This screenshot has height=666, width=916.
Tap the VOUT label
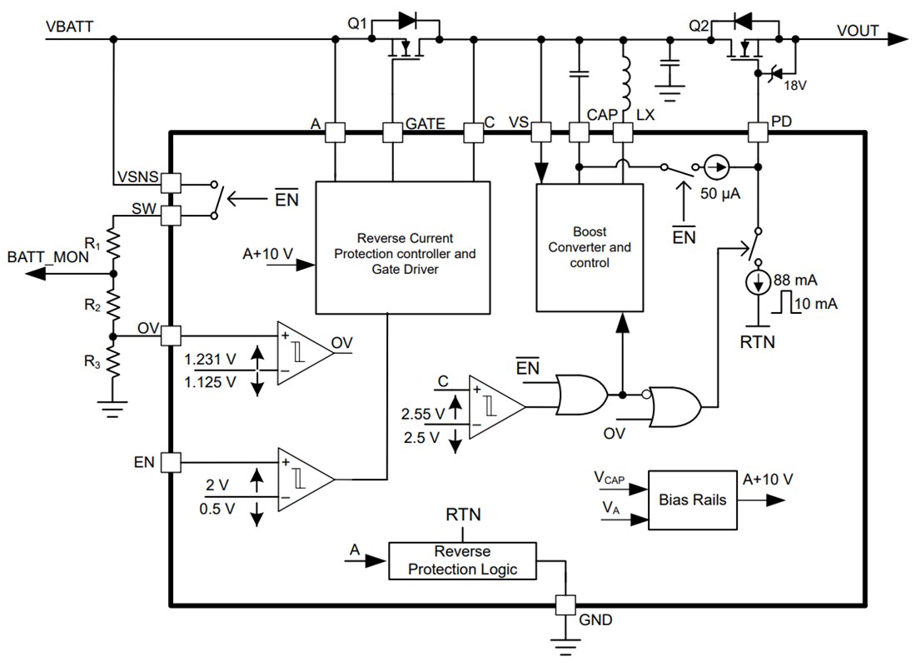point(858,31)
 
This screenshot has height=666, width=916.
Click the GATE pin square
point(392,132)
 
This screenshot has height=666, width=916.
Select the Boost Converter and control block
point(590,247)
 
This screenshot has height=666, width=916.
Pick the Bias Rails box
point(692,499)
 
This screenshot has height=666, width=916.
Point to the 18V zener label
point(796,83)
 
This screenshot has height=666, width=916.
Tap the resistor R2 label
point(93,306)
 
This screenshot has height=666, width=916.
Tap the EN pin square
point(171,462)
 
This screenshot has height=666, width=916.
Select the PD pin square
point(757,132)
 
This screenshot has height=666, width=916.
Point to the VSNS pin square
point(171,181)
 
